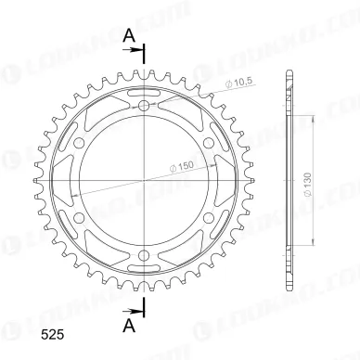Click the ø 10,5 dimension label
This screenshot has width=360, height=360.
[239, 83]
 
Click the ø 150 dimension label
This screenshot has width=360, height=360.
[182, 166]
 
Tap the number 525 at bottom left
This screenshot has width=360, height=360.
[53, 335]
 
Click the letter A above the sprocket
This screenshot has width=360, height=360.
[129, 36]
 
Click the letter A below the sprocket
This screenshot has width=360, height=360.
[129, 326]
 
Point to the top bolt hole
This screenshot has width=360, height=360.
[144, 106]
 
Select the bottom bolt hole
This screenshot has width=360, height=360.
[144, 255]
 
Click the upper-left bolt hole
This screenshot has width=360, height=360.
[80, 143]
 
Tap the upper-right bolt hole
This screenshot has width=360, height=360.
[209, 143]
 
